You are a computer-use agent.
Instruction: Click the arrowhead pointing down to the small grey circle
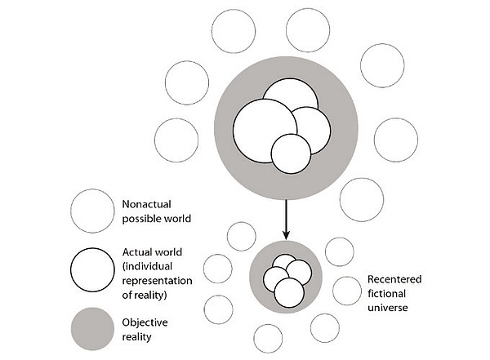coord(286,235)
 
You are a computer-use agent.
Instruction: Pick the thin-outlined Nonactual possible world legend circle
coord(92,211)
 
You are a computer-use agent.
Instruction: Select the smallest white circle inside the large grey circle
coord(292,153)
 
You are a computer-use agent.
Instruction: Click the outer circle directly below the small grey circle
coord(268,338)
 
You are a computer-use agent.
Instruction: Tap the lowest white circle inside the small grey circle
coord(289,291)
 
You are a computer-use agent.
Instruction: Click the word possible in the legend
coord(140,219)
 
